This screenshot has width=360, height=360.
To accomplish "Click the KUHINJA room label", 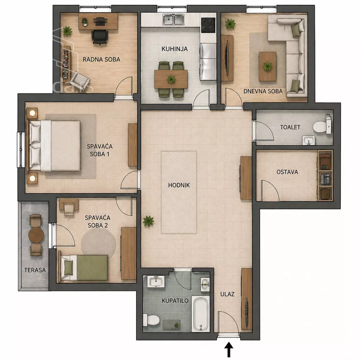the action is pos(175,49).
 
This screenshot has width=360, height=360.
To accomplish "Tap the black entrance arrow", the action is pos(229,349).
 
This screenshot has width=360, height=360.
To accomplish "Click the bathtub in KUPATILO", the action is pos(201,314).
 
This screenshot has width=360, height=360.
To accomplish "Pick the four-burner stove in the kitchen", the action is pos(208,25).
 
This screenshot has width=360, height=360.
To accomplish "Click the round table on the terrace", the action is pos(36,235).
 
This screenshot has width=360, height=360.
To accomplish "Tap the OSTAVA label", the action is pos(287,172).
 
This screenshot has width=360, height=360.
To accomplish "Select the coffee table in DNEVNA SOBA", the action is pos(267,67).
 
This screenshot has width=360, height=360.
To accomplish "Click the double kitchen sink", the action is pos(173,20).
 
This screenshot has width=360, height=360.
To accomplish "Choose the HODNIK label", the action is pos(179,185).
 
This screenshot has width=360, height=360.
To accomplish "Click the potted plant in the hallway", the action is pos(148,221).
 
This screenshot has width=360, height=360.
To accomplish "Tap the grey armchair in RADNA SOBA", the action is pos(80,80).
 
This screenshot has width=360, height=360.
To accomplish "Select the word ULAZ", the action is pos(227,294).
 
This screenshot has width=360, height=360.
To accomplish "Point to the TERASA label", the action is pos(35,270).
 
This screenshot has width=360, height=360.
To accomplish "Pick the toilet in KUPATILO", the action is pos(152,320).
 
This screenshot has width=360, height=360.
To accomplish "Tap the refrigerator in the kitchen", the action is pos(208,62).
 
